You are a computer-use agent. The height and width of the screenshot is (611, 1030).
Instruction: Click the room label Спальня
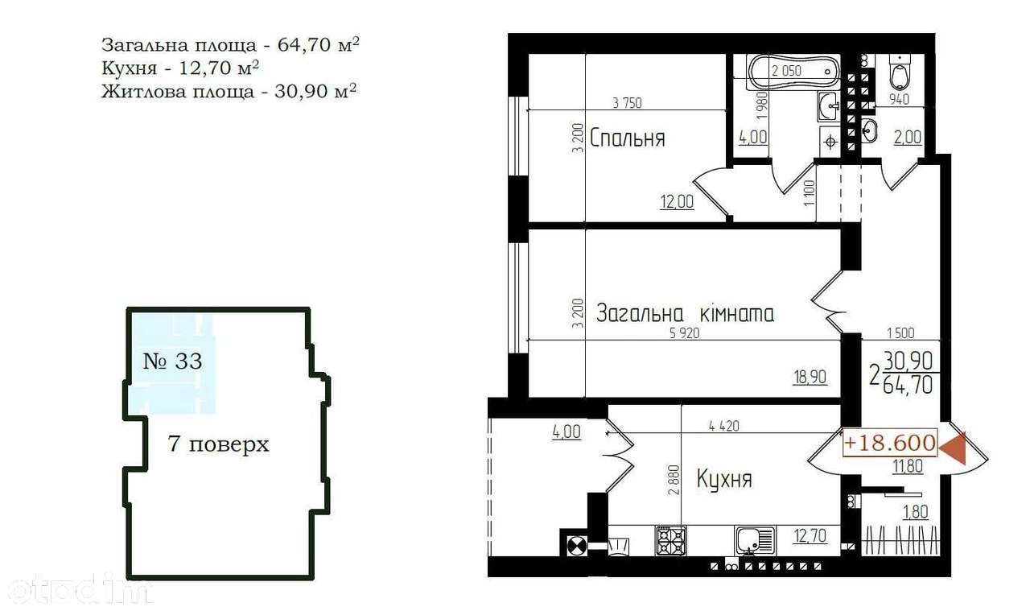click(627, 138)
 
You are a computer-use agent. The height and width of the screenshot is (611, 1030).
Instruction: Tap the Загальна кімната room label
click(685, 313)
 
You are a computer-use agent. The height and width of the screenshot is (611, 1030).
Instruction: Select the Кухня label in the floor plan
click(725, 479)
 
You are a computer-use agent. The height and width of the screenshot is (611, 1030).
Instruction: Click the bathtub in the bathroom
click(794, 72)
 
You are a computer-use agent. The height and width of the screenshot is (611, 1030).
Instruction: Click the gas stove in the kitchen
click(670, 541)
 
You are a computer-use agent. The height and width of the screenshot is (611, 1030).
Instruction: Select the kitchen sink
click(755, 541)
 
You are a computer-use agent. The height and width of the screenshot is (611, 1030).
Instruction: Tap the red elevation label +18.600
click(890, 443)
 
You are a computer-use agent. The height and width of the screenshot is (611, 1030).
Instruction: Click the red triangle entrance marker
click(953, 448)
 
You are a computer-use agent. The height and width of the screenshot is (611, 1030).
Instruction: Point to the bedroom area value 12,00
click(677, 201)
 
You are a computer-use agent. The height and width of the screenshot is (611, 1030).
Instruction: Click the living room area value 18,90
click(810, 378)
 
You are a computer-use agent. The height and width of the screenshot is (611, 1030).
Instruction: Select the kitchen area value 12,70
click(810, 535)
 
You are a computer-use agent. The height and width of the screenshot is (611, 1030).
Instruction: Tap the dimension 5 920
click(685, 333)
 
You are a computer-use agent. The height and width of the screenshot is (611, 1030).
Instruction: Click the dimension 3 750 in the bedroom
click(627, 103)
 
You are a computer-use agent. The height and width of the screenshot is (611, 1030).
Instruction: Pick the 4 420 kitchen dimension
click(724, 426)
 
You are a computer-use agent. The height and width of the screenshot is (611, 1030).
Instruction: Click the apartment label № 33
click(172, 361)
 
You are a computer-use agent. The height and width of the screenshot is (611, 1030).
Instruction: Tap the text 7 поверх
click(218, 444)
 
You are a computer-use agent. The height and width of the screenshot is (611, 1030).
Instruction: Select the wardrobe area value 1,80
click(916, 512)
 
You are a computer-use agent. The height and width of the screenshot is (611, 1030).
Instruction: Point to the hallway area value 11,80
click(908, 467)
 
